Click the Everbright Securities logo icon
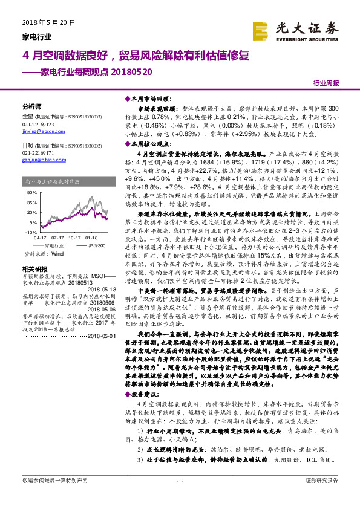point(261,30)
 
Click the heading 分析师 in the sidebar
point(31,105)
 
